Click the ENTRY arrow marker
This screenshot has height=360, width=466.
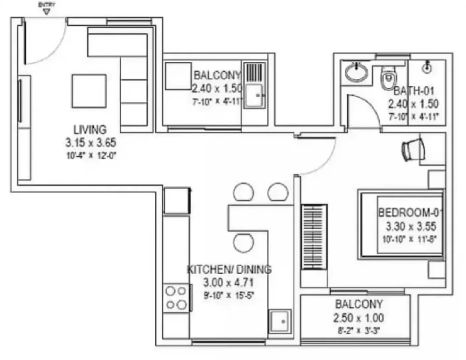point(47,12)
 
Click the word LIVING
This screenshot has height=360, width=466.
point(90,130)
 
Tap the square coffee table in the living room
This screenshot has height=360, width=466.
point(89,91)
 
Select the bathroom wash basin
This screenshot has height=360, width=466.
point(356,73)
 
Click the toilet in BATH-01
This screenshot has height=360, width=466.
point(388,78)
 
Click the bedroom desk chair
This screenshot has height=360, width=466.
point(413,150)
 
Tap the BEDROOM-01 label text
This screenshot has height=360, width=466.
point(411,212)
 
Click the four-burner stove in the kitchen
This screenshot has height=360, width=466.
point(176,298)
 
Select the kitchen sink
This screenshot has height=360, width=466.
point(280,321)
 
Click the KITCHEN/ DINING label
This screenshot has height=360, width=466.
point(229,270)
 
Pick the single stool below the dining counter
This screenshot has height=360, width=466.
point(244,242)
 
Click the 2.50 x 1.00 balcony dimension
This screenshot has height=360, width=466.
point(359,318)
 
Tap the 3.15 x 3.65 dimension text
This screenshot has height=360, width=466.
point(91,142)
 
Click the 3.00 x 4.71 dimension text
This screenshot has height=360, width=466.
point(228,282)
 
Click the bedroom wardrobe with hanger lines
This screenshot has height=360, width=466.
point(314,237)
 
